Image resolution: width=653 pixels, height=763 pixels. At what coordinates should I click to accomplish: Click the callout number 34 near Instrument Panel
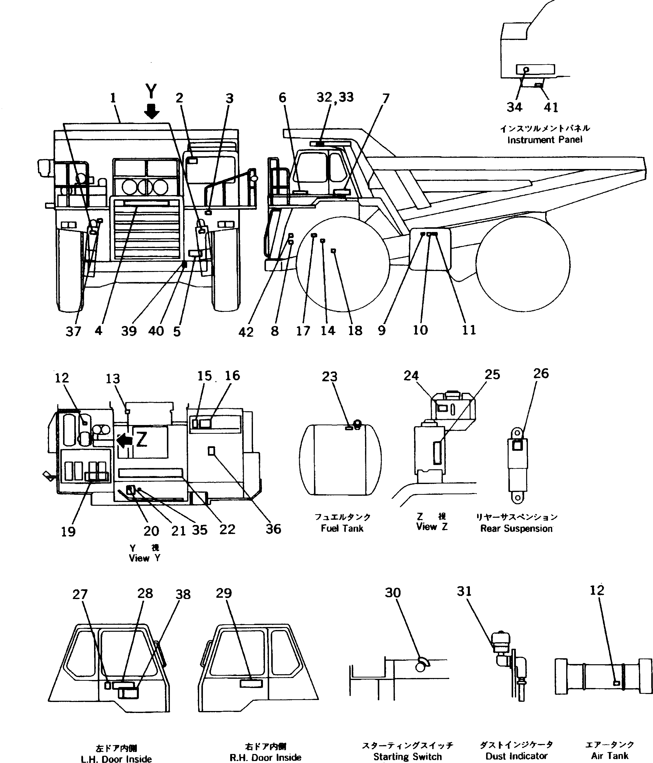(514, 107)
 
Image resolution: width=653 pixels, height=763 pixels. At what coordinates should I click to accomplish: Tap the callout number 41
(551, 107)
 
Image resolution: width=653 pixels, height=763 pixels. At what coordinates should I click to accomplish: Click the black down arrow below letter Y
(151, 111)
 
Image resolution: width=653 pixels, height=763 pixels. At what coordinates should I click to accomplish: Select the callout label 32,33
(335, 97)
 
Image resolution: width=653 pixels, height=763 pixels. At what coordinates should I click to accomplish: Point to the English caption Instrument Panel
(545, 140)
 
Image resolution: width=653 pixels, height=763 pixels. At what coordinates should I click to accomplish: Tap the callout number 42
(246, 332)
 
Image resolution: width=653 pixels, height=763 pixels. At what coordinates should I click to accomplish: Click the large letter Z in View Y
(142, 439)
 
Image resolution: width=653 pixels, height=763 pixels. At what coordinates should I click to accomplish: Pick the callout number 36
(273, 529)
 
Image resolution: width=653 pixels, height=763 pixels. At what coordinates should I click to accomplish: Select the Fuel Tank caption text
(342, 528)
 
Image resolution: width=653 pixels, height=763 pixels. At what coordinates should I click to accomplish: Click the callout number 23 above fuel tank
(330, 377)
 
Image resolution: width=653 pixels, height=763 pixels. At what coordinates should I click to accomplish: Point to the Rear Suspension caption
(516, 528)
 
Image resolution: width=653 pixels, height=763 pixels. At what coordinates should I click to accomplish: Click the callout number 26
(541, 373)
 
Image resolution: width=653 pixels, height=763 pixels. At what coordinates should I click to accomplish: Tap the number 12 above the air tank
(597, 590)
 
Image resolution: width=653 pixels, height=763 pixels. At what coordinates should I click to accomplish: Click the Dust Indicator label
(516, 756)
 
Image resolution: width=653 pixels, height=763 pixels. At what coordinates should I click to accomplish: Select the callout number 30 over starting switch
(393, 593)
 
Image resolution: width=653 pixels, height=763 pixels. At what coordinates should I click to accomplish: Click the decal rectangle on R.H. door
(251, 684)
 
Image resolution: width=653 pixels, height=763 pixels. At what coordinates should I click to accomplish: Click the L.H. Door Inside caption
(116, 758)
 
